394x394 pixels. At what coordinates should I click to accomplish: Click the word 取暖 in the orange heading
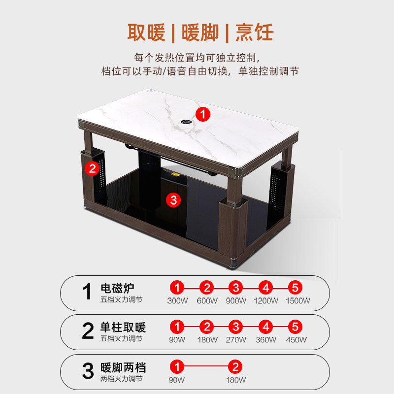click(x=146, y=32)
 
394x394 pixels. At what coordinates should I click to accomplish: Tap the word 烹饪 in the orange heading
click(x=254, y=32)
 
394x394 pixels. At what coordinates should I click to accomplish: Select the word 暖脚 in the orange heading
click(x=200, y=32)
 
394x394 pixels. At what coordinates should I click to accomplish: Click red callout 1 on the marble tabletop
click(x=203, y=114)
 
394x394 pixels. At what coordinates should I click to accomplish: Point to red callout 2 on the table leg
click(x=92, y=168)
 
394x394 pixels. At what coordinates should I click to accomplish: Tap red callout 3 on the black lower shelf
click(x=173, y=200)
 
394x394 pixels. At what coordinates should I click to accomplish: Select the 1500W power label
click(x=298, y=300)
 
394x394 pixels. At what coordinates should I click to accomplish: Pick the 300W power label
click(x=177, y=300)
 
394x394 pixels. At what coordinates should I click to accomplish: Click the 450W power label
click(x=296, y=340)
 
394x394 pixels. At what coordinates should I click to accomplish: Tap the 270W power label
click(x=236, y=340)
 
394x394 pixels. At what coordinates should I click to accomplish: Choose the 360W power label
click(x=266, y=340)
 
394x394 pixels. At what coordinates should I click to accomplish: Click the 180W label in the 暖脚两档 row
click(x=236, y=380)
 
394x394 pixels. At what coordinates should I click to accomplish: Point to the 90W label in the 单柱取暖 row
click(x=177, y=340)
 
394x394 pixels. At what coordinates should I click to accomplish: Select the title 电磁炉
click(x=117, y=288)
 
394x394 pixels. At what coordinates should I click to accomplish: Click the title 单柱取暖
click(x=123, y=327)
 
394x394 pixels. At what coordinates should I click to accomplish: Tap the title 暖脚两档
click(x=123, y=367)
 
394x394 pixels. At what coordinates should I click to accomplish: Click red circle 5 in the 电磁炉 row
click(x=295, y=288)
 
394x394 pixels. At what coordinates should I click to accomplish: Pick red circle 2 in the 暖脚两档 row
click(x=235, y=367)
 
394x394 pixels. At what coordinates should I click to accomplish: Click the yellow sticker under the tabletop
click(x=175, y=174)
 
